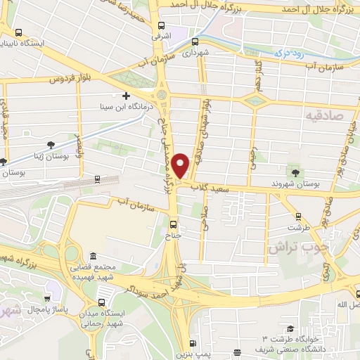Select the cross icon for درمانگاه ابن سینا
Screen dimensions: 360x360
[x=127, y=96]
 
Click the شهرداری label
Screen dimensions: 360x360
[x=195, y=51]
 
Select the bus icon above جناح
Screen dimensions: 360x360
[x=174, y=225]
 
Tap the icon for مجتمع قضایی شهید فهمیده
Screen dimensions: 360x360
[x=94, y=257]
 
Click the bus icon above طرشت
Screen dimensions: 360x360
[x=299, y=217]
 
